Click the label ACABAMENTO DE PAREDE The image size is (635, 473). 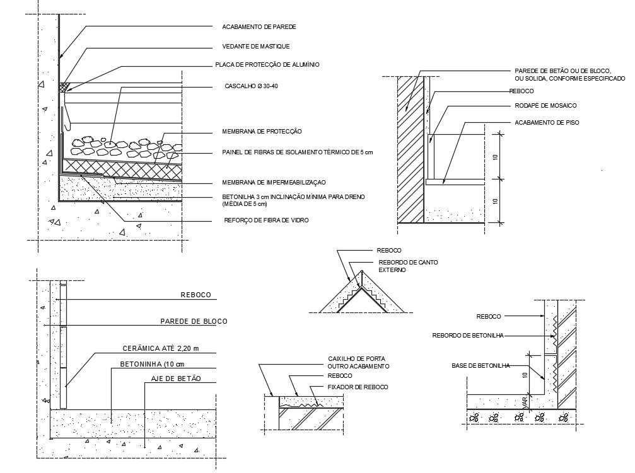tap(259, 26)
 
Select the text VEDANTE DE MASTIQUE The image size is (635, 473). tap(256, 47)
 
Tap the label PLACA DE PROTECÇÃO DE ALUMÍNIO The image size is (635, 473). tap(267, 65)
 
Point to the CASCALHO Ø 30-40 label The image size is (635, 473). tap(251, 86)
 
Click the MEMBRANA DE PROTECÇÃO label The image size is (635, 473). tap(262, 132)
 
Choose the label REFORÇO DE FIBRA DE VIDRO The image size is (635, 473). tap(267, 220)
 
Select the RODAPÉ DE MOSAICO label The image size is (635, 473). tap(545, 106)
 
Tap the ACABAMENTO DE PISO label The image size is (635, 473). tap(547, 123)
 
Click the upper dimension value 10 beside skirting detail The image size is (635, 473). tap(496, 157)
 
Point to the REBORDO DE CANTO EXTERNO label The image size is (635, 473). tap(408, 266)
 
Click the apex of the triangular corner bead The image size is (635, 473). tap(362, 271)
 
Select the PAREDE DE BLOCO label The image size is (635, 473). tap(194, 321)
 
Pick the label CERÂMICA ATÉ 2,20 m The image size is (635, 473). tap(161, 348)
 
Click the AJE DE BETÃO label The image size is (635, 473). tap(176, 379)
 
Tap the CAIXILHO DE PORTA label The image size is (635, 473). tap(356, 359)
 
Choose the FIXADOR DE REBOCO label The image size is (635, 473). tap(358, 387)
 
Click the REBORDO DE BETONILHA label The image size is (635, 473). tap(468, 336)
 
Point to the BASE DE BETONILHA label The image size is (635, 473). tap(481, 366)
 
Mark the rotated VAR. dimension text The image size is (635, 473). tap(525, 402)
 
